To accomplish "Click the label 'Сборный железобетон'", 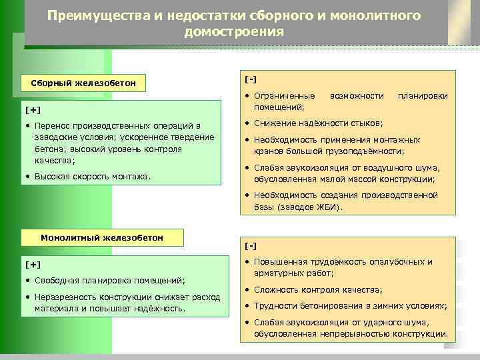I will point(83,83).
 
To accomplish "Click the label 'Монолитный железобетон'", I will point(102,237).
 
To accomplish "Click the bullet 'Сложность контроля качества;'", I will point(318,290).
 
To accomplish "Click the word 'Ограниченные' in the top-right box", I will point(279,97).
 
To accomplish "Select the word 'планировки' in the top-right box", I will point(423,97).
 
